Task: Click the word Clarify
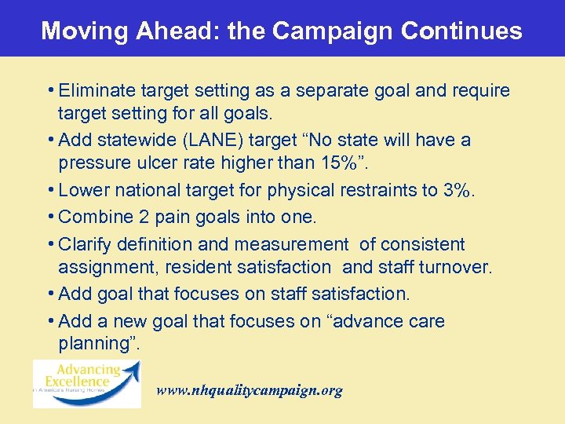pos(85,244)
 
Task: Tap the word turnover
pos(453,268)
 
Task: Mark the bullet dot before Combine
pos(51,217)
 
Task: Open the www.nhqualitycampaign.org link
pos(250,390)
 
